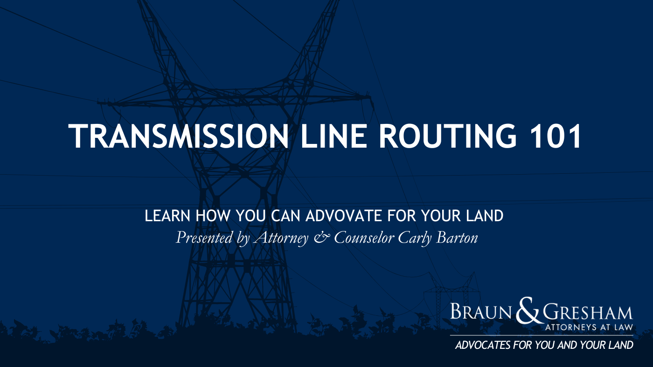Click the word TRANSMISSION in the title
pyautogui.click(x=179, y=136)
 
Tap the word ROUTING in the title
pyautogui.click(x=447, y=136)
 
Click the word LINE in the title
pyautogui.click(x=334, y=136)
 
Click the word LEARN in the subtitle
pyautogui.click(x=167, y=216)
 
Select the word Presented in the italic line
pyautogui.click(x=204, y=238)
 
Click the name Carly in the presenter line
pyautogui.click(x=415, y=238)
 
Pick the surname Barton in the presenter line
pyautogui.click(x=457, y=238)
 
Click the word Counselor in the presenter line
pyautogui.click(x=364, y=238)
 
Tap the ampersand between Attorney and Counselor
pyautogui.click(x=322, y=238)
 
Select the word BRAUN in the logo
pyautogui.click(x=481, y=312)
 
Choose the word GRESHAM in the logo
pyautogui.click(x=588, y=313)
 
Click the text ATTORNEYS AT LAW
pyautogui.click(x=589, y=327)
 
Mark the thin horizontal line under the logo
pyautogui.click(x=542, y=335)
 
